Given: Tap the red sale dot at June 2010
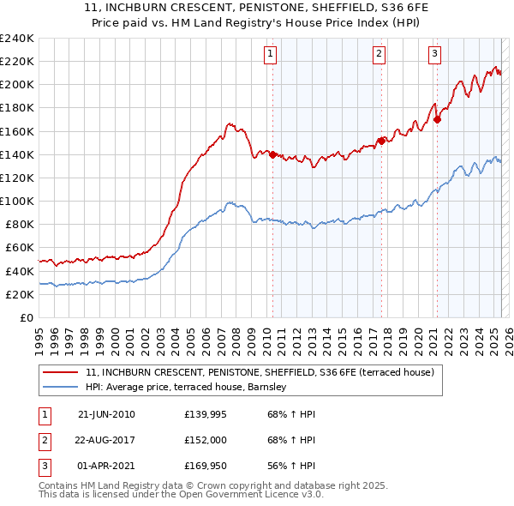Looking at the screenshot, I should pos(272,154).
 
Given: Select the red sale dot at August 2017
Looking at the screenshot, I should pos(381,141).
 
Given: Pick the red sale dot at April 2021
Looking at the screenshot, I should pos(437,119).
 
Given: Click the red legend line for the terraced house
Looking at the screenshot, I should pos(61,372).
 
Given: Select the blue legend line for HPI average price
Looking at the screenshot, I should pos(61,388).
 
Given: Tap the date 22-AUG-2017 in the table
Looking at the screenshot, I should pos(106,442).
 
